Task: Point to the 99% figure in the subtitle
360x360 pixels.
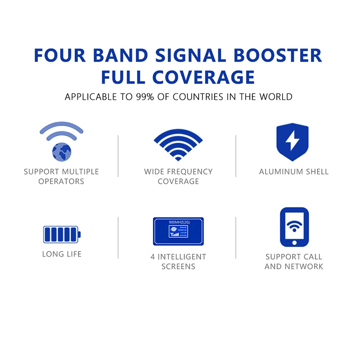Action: coord(145,97)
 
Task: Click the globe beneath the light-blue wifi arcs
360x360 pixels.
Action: coord(62,151)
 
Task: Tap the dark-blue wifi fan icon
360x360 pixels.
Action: coord(178,143)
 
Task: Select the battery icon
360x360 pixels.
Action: coord(62,234)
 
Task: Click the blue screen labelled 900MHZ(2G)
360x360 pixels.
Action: coord(179,231)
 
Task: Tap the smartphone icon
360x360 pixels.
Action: coord(294,227)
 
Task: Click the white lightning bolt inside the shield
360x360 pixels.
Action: coord(292,141)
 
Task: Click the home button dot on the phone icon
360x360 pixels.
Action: coord(294,242)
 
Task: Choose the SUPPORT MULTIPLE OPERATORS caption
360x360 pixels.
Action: coord(61,176)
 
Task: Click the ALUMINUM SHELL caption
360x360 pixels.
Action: coord(294,171)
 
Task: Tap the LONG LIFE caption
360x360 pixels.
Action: coord(62,254)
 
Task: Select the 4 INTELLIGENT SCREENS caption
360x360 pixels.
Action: coord(178,261)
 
